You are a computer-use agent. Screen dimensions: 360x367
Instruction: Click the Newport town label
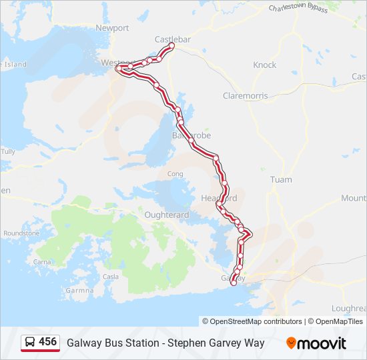(x=112, y=28)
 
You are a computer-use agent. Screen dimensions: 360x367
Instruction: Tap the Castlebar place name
(x=172, y=39)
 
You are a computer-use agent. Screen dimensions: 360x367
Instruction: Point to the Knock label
(x=265, y=65)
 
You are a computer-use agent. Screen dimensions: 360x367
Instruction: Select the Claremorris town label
(x=246, y=96)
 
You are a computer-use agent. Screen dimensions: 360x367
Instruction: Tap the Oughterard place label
(x=167, y=215)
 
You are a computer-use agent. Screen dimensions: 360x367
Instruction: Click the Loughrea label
(x=349, y=308)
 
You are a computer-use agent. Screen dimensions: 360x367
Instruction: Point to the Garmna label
(x=81, y=291)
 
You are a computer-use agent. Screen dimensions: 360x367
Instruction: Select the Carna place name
(x=41, y=262)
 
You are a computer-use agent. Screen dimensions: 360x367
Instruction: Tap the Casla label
(x=111, y=277)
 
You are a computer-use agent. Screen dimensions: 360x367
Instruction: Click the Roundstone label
(x=21, y=233)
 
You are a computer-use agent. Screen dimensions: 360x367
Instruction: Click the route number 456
(x=47, y=342)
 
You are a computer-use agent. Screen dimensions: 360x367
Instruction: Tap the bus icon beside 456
(x=30, y=343)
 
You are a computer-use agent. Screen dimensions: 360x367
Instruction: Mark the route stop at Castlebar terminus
(x=171, y=47)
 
